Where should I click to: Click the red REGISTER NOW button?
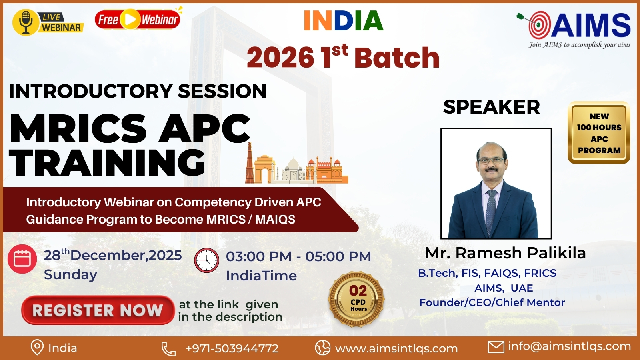98,310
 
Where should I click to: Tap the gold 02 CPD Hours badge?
356,299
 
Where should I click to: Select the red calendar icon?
22,259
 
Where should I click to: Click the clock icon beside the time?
206,260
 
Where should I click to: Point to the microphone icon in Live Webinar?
26,22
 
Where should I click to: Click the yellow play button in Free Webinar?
130,19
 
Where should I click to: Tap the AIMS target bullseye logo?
538,25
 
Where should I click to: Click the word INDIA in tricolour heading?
344,20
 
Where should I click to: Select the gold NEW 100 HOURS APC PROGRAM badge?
599,133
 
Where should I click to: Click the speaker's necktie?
491,212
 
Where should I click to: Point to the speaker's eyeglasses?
491,160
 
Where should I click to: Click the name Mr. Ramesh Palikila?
506,253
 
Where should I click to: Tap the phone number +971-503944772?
232,348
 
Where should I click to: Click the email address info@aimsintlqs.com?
569,346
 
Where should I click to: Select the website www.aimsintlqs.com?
396,348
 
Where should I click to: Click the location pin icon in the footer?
37,348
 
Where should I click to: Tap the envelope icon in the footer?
496,348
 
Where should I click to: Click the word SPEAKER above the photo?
492,107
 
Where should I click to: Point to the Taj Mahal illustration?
294,170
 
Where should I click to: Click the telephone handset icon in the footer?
168,349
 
